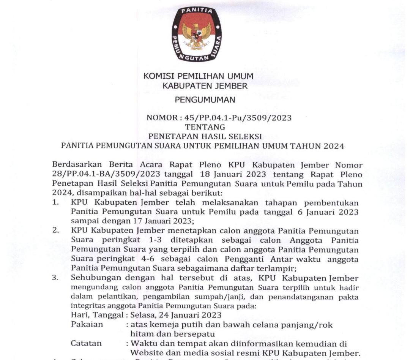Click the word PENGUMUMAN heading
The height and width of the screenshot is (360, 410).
click(205, 100)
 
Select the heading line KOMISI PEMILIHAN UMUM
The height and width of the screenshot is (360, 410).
click(198, 76)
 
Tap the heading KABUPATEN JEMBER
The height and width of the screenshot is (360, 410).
click(205, 86)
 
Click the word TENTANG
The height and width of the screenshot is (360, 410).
click(205, 127)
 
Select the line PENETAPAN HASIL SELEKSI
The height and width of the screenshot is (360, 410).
click(205, 136)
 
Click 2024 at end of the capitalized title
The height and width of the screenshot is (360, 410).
click(334, 146)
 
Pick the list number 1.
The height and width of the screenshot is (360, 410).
click(55, 202)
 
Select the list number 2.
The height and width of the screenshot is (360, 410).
click(55, 231)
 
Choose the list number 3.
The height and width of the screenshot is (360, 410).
click(55, 278)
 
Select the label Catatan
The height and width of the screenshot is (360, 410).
click(86, 343)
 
